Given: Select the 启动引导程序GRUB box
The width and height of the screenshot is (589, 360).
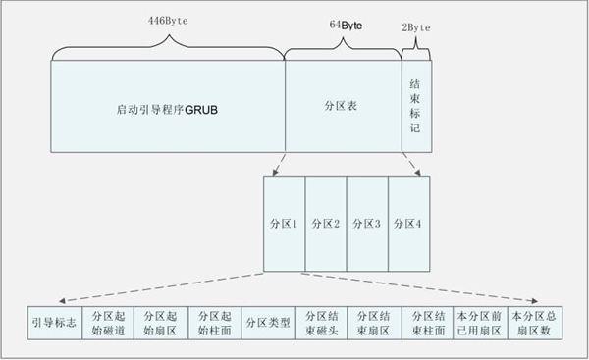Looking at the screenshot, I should click(x=166, y=106).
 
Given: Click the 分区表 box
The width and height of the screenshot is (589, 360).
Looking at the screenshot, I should click(x=343, y=106).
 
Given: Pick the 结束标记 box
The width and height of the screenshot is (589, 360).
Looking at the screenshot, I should click(x=416, y=106).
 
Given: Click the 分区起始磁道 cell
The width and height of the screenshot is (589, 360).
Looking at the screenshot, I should click(x=109, y=323).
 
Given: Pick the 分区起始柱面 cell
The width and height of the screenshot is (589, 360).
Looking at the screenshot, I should click(x=214, y=323).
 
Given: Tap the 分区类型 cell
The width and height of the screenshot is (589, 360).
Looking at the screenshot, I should click(x=267, y=323).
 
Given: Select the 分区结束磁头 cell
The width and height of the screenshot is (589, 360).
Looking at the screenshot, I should click(x=320, y=323).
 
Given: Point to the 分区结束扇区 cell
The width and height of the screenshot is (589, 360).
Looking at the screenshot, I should click(x=374, y=323).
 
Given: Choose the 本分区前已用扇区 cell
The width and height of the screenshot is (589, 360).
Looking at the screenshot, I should click(x=478, y=323).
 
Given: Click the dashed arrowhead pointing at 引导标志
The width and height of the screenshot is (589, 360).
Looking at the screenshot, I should click(x=62, y=300).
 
